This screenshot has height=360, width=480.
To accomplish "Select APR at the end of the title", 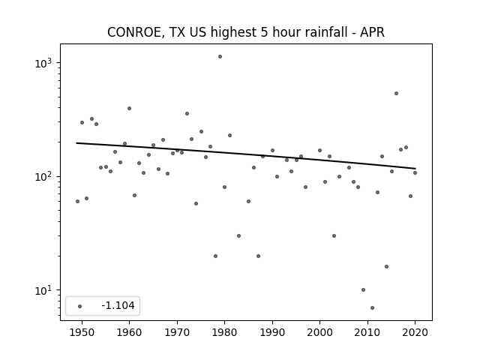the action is click(x=372, y=32).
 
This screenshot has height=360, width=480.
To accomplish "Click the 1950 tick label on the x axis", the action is click(x=82, y=333).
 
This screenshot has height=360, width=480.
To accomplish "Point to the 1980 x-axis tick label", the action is click(x=224, y=333).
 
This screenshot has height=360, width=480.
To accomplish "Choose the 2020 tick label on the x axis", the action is click(x=415, y=333).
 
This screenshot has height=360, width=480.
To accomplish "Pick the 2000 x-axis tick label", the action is click(x=319, y=333).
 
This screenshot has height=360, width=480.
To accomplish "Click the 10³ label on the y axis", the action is click(x=43, y=63).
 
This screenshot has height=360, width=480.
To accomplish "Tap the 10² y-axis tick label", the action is click(x=43, y=176).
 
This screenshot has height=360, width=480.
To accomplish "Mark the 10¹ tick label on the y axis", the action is click(x=43, y=290).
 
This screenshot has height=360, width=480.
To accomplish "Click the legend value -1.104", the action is click(x=118, y=305).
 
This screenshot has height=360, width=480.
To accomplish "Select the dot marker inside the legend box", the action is click(x=80, y=306).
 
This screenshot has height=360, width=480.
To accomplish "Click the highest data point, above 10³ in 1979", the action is click(x=220, y=57).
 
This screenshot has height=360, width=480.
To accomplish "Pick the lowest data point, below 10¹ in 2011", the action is click(x=372, y=307).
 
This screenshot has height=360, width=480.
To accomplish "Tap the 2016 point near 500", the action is click(x=396, y=93).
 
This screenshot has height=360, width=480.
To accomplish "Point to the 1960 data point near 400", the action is click(x=129, y=108).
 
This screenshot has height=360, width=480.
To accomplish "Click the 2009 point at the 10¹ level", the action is click(x=363, y=290).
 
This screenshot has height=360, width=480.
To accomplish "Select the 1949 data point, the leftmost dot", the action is click(x=77, y=202).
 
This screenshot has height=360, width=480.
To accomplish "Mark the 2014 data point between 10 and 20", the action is click(x=387, y=267).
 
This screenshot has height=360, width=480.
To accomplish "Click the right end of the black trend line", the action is click(x=415, y=168).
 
